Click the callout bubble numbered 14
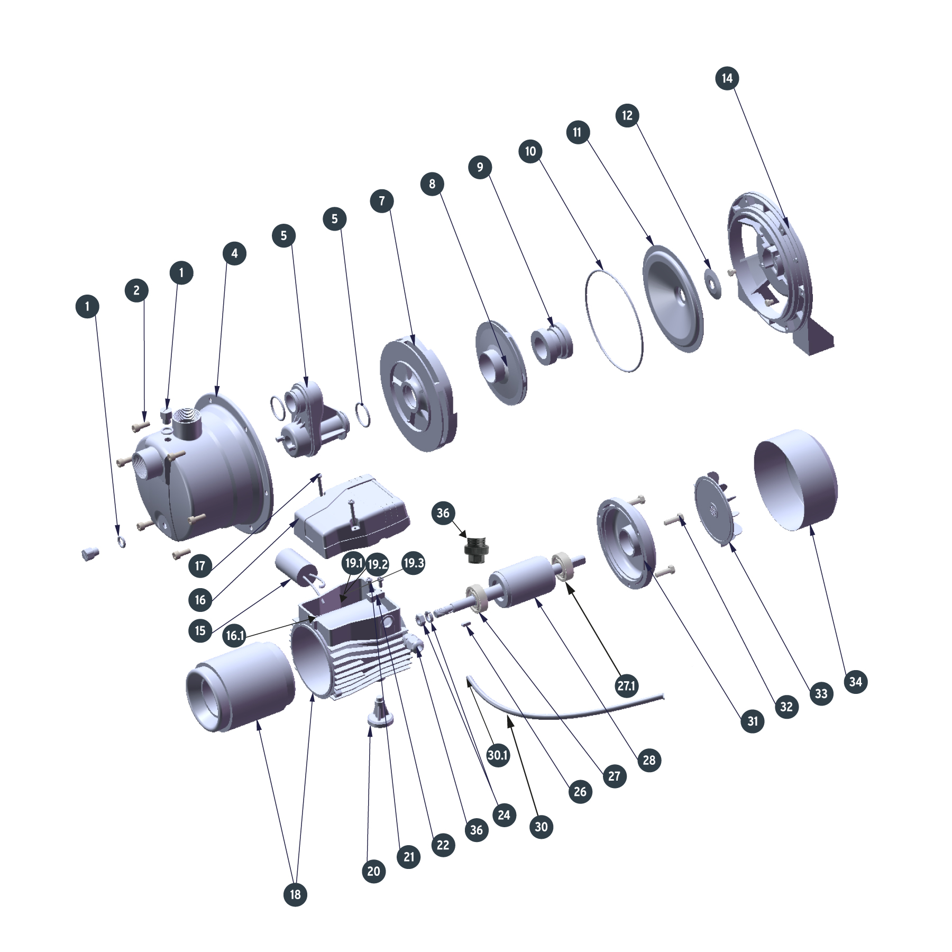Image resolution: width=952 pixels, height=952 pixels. (x=727, y=78)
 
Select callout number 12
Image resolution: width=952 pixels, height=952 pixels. (x=627, y=115)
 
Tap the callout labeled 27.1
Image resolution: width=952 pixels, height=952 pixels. (x=626, y=686)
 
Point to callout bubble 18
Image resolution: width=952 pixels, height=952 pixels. (x=295, y=894)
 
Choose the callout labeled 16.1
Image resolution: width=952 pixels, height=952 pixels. (x=235, y=635)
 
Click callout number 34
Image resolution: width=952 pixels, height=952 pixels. (x=856, y=682)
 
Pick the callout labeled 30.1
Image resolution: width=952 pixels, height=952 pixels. (x=498, y=755)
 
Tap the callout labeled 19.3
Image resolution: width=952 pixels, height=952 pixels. (x=413, y=563)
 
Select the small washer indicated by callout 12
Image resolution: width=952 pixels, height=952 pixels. (x=714, y=284)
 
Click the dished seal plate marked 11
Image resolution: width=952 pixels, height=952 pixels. (x=673, y=297)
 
